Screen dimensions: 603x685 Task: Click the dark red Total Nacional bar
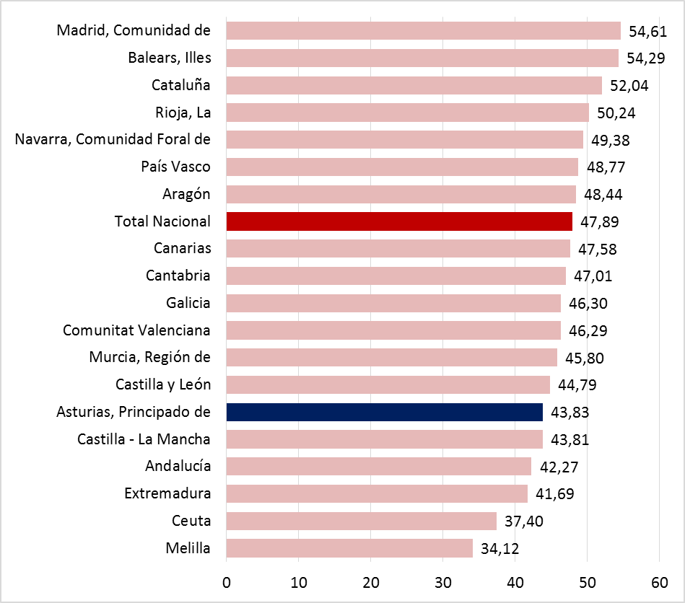[x=399, y=221]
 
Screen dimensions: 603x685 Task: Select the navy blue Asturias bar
[x=384, y=412]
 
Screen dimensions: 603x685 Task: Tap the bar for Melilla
[x=349, y=548]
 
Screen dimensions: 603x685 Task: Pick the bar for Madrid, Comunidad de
[x=423, y=30]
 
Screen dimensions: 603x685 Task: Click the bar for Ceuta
[x=361, y=521]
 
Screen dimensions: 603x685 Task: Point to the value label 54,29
[x=646, y=58]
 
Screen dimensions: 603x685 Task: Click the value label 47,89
[x=600, y=221]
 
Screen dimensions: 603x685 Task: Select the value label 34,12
[x=499, y=549]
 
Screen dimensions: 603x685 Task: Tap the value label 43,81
[x=570, y=439]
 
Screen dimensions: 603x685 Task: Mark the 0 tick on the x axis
[x=227, y=582]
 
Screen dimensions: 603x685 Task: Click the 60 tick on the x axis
[x=659, y=582]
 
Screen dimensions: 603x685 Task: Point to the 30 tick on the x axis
[x=442, y=582]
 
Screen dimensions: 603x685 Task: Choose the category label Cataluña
[x=181, y=85]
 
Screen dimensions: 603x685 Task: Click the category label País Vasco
[x=176, y=167]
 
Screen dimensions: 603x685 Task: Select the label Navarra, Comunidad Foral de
[x=113, y=139]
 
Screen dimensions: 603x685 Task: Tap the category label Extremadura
[x=167, y=493]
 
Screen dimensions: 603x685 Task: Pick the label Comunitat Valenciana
[x=137, y=330]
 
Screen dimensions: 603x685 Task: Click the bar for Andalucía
[x=378, y=467]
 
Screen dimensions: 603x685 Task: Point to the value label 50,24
[x=616, y=113]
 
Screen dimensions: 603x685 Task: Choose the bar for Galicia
[x=393, y=303]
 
